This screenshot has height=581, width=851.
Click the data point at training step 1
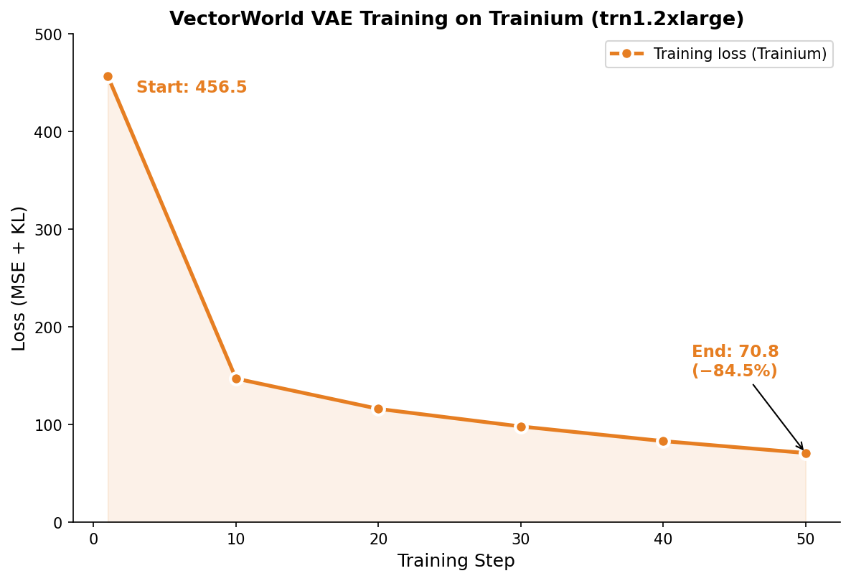pyautogui.click(x=108, y=76)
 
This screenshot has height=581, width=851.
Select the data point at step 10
pyautogui.click(x=236, y=378)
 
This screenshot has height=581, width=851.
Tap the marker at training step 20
pyautogui.click(x=378, y=409)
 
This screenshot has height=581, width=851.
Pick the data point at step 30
pyautogui.click(x=521, y=427)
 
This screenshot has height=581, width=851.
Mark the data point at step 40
pyautogui.click(x=663, y=441)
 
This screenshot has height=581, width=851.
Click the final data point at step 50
pyautogui.click(x=806, y=453)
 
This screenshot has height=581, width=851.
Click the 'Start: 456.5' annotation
pyautogui.click(x=192, y=88)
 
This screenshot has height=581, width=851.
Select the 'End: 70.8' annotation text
pyautogui.click(x=735, y=352)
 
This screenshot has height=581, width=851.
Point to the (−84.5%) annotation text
pyautogui.click(x=735, y=371)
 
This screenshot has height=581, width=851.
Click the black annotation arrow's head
pyautogui.click(x=802, y=449)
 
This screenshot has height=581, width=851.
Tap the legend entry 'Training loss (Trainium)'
pyautogui.click(x=740, y=54)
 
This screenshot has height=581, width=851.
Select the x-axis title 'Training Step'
pyautogui.click(x=456, y=561)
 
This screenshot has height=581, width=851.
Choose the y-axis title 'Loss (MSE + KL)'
pyautogui.click(x=19, y=278)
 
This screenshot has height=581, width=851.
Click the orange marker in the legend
pyautogui.click(x=626, y=54)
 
